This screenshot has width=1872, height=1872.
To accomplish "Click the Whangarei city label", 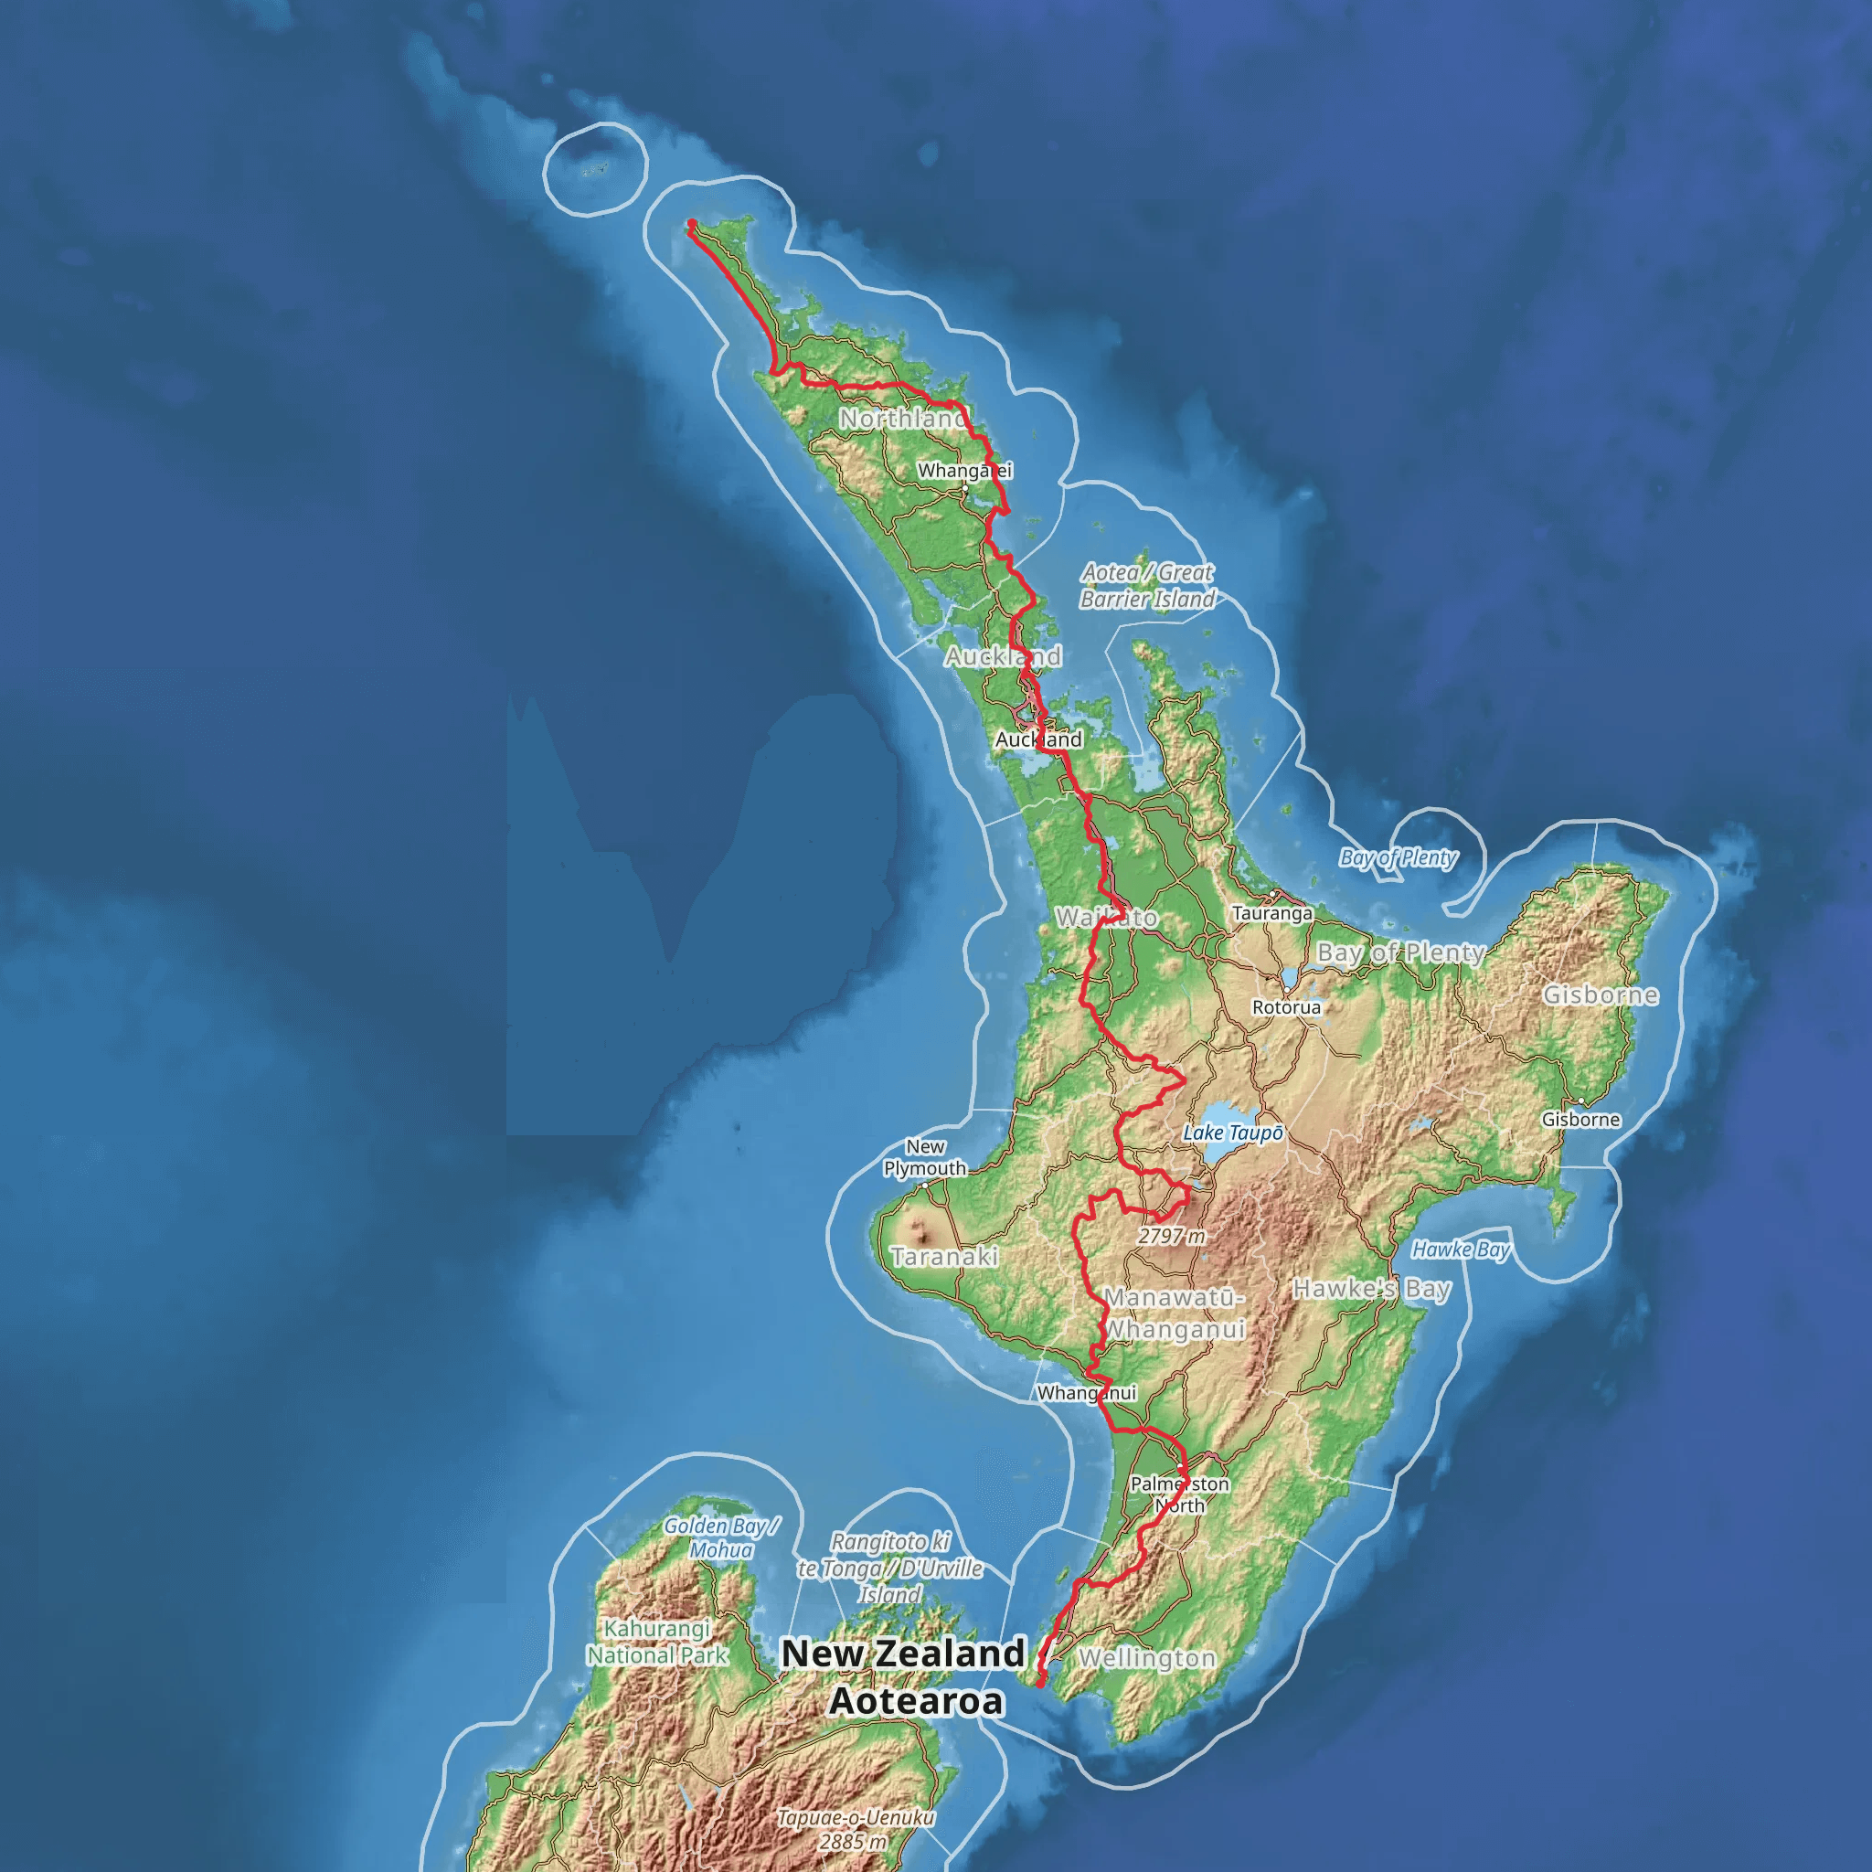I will coord(964,471).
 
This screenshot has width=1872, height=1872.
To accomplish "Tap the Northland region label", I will coord(902,419).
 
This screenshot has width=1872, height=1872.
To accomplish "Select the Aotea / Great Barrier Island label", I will coord(1147,586).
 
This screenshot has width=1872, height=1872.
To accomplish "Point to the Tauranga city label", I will coord(1272,913).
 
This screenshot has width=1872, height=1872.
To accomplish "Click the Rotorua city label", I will coord(1286,1007).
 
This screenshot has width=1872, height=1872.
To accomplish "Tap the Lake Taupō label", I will coord(1232,1133).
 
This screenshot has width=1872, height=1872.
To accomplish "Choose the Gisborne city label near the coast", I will coord(1580,1120).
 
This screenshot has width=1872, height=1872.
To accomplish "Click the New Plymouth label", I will coord(924,1158).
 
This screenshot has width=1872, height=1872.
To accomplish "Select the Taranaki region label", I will coord(943,1257).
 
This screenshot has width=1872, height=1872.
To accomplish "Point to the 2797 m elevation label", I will coord(1172,1237).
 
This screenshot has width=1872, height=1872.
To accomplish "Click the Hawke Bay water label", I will coord(1460,1250).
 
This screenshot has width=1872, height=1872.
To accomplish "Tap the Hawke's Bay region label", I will coord(1372,1289).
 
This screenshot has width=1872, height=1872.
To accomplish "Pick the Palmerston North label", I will coord(1179,1494).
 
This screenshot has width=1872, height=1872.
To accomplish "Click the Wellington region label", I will coord(1147,1659).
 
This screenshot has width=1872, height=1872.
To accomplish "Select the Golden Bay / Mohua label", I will coord(721,1537).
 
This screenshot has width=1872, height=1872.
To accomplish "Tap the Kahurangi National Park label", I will coord(657,1643).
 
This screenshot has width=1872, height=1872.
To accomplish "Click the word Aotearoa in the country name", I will coord(916,1701).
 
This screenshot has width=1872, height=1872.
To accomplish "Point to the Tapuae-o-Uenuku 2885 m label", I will coord(855,1829).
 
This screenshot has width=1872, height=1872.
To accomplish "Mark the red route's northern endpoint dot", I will coord(692,224).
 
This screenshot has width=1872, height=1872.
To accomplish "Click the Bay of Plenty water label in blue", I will coord(1398,857).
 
